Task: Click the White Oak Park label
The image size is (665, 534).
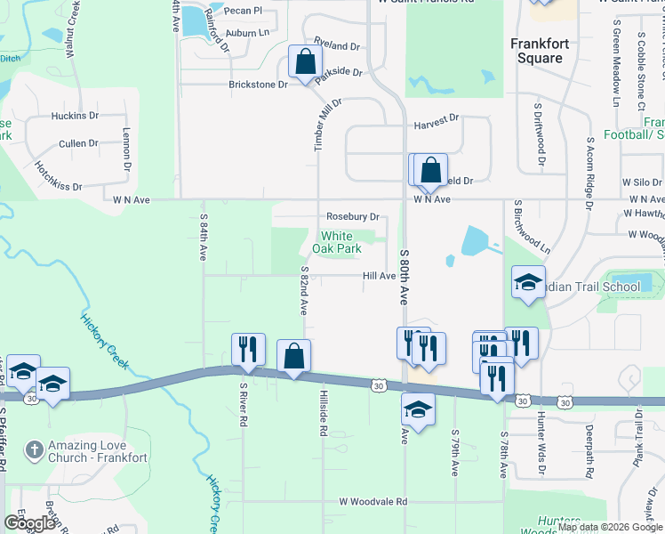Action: pyautogui.click(x=341, y=242)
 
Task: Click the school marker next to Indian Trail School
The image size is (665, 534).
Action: pyautogui.click(x=528, y=283)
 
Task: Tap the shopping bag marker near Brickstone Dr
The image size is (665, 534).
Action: pyautogui.click(x=305, y=63)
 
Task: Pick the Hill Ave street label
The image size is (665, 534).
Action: pyautogui.click(x=379, y=276)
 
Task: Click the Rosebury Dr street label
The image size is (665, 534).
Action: pyautogui.click(x=353, y=216)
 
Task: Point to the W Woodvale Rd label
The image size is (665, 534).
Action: pyautogui.click(x=373, y=502)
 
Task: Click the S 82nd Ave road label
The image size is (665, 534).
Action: pyautogui.click(x=304, y=290)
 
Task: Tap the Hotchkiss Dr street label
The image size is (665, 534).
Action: pyautogui.click(x=58, y=176)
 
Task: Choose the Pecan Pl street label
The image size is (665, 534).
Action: pyautogui.click(x=244, y=11)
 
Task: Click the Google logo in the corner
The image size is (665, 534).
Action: pyautogui.click(x=29, y=523)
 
